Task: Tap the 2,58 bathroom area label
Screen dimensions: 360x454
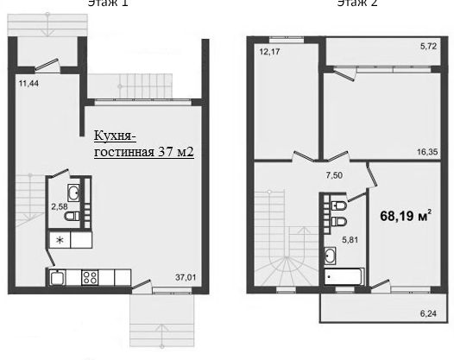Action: point(59,207)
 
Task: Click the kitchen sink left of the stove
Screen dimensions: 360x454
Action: point(57,278)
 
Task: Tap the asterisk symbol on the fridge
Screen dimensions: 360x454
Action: point(60,240)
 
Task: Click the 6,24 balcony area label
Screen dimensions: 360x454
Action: point(428,315)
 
